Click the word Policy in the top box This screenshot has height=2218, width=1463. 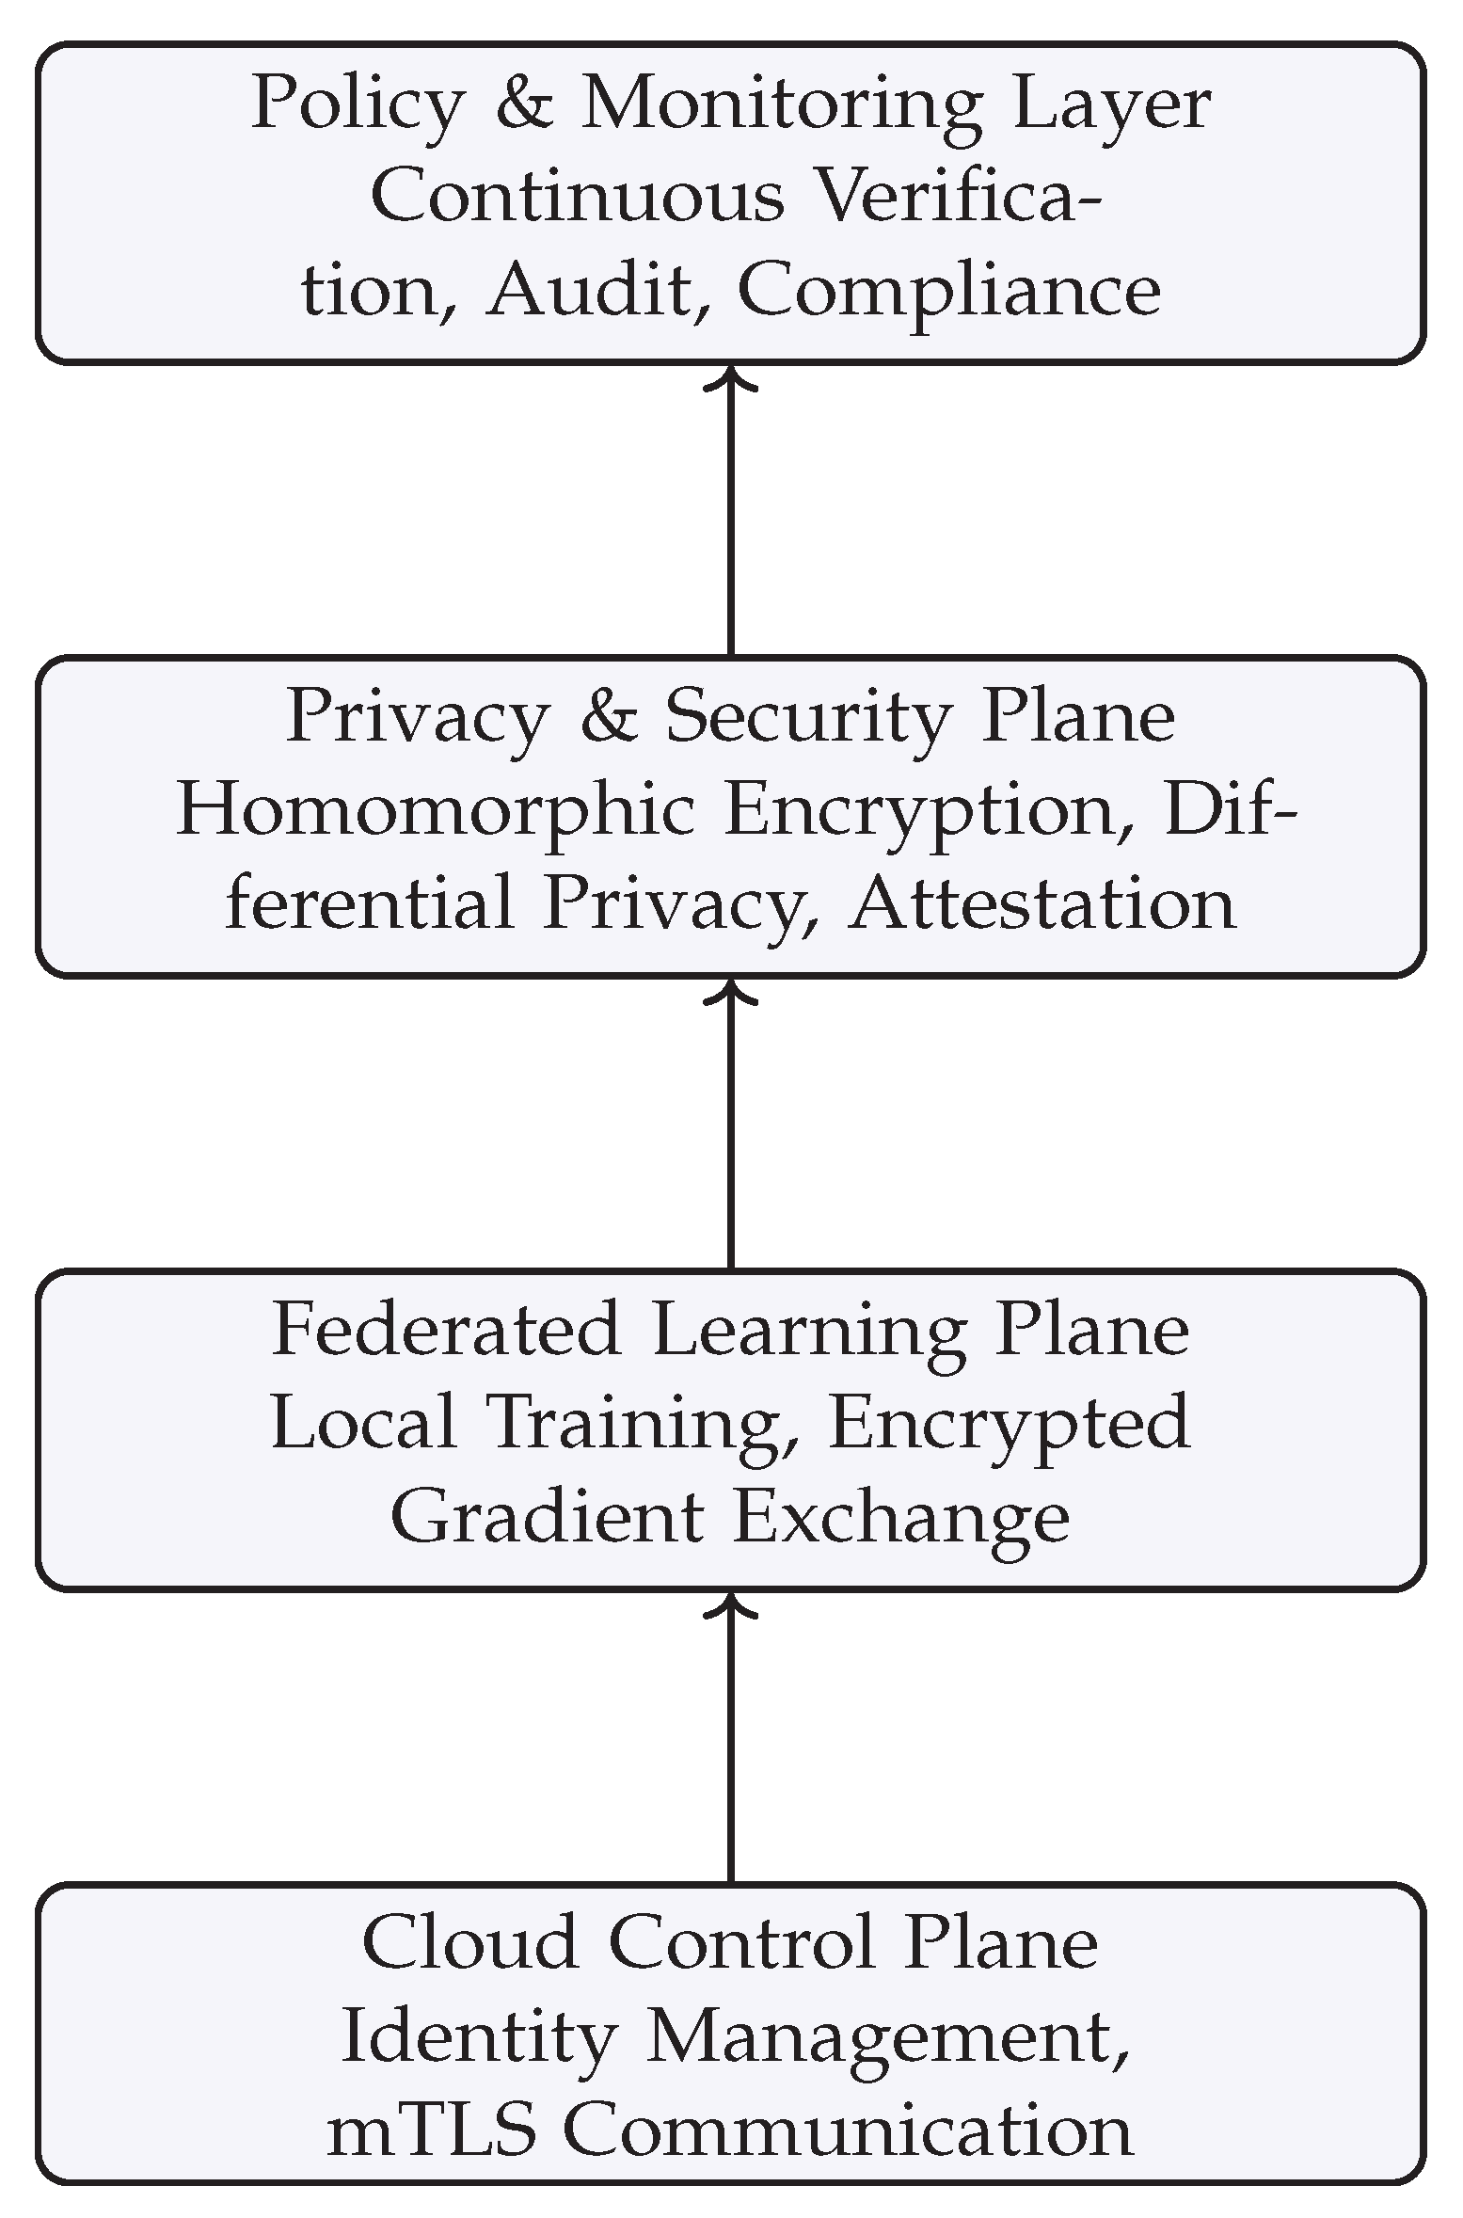(358, 105)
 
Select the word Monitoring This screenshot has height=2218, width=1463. (782, 105)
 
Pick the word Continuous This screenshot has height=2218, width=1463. (578, 197)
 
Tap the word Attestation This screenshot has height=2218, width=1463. (1042, 903)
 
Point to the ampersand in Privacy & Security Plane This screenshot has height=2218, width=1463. (609, 717)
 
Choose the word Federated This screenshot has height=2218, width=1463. (447, 1331)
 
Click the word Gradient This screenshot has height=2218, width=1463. (547, 1517)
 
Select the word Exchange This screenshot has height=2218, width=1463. (900, 1517)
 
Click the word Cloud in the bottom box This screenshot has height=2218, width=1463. (469, 1943)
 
